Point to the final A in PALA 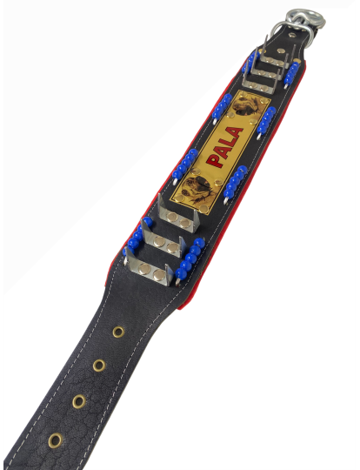click(x=235, y=132)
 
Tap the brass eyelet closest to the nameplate click(x=118, y=332)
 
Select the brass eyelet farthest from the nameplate click(x=55, y=440)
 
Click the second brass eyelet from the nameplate click(x=99, y=366)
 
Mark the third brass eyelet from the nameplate click(x=79, y=401)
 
